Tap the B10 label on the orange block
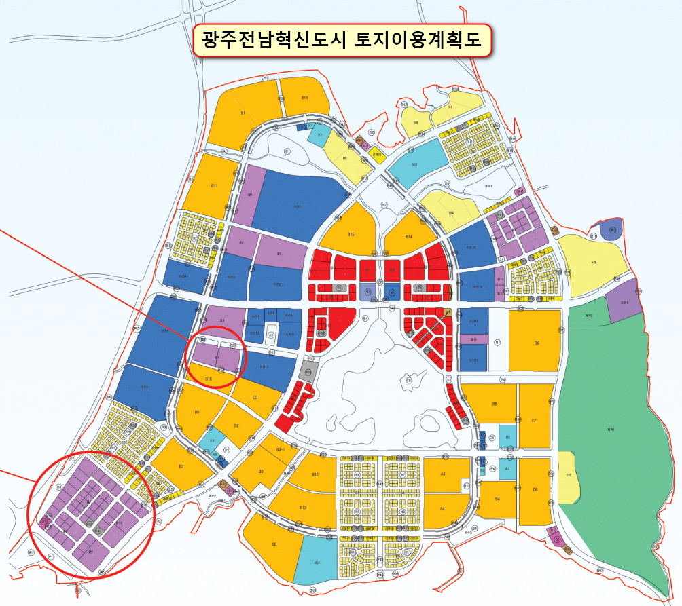305,98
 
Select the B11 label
214,185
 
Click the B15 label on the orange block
351,235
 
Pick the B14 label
409,236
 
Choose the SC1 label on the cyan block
414,164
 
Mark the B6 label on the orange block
537,343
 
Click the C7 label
535,421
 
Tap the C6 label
535,489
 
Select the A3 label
443,473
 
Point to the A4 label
443,508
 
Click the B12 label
315,474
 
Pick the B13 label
303,508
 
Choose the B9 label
197,412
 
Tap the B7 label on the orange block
181,466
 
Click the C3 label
255,397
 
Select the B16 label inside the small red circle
209,379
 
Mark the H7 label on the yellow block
569,475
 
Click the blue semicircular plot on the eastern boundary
611,231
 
